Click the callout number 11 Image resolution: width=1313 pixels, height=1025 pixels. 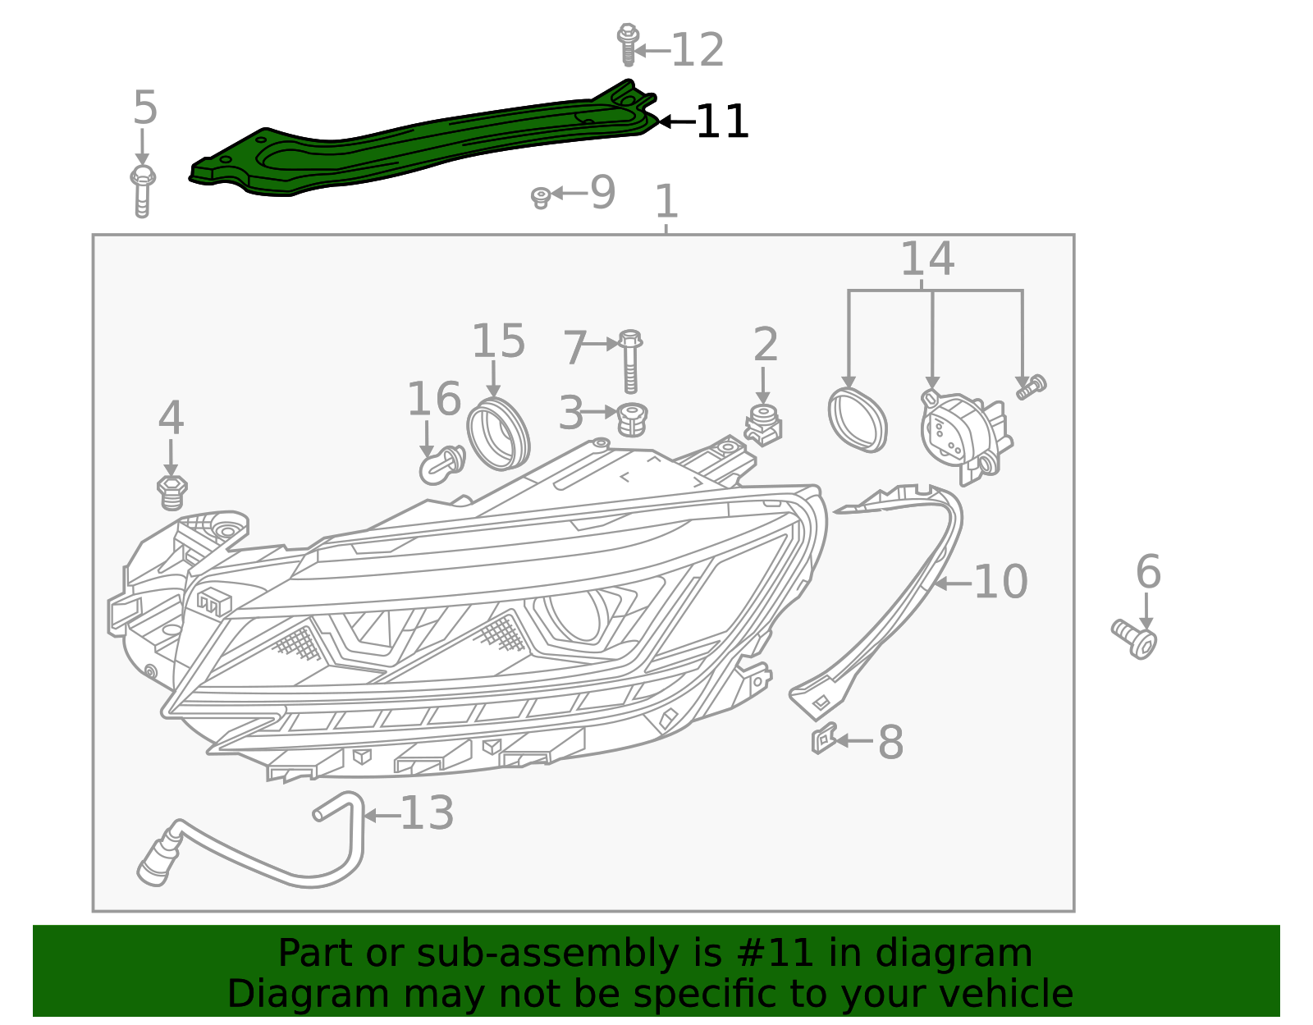click(x=722, y=122)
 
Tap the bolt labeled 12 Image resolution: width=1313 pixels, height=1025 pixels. click(x=628, y=45)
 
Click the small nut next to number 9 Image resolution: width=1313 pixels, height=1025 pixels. click(x=540, y=197)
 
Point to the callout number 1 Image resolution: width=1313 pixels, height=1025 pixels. click(x=666, y=202)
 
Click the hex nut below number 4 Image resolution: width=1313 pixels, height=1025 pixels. click(x=172, y=492)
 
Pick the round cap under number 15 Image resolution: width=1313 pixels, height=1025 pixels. click(x=498, y=433)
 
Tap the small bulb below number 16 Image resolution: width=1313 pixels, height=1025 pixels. click(x=441, y=465)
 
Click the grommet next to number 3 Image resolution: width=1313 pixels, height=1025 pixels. click(x=631, y=419)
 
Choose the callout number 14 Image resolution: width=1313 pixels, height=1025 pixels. click(x=927, y=259)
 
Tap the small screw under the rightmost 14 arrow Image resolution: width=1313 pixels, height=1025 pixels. click(x=1031, y=387)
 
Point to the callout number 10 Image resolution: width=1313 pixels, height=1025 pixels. click(x=1000, y=583)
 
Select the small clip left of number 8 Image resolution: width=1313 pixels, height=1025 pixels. click(x=823, y=738)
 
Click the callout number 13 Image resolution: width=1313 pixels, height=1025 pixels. click(x=427, y=813)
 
